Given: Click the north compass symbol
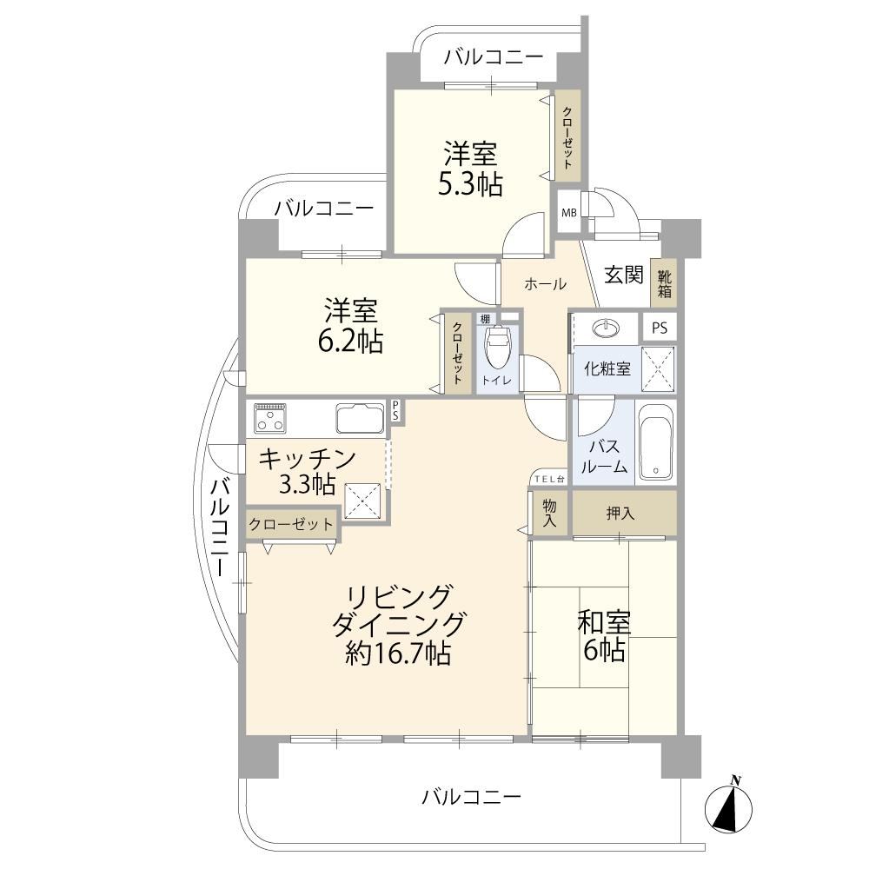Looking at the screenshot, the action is point(729,808).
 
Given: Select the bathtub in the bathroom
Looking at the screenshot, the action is point(655,441).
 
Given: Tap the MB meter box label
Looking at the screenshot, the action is point(569,212).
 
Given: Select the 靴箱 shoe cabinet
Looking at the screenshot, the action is point(664,282).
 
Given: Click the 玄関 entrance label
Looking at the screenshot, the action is point(623,275).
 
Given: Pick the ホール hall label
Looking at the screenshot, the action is point(546,284).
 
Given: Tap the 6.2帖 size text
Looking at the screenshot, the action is point(350,342).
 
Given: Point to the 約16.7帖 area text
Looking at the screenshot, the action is point(397,653).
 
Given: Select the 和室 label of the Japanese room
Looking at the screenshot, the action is point(604,622).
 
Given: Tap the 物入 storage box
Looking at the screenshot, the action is point(549,514).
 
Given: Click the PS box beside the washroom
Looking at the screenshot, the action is point(660,328).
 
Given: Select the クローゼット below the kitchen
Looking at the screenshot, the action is point(291,524).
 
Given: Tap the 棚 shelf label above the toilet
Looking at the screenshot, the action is point(486,319).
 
